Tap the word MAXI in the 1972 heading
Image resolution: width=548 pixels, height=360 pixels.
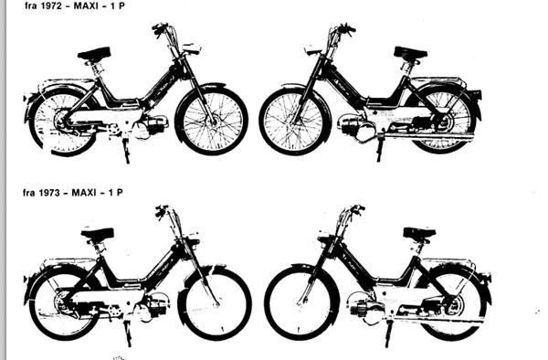tap(86, 5)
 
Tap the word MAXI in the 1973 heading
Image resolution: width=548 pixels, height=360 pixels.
tap(84, 192)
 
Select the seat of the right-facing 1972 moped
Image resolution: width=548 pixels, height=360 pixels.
tap(94, 54)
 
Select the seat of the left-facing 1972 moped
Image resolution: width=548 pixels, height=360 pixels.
tap(410, 53)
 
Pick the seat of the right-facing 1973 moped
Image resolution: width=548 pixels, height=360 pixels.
tap(98, 234)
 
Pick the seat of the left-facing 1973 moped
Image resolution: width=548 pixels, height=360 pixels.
tap(419, 233)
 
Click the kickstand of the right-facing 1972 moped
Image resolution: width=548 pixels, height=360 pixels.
tap(126, 151)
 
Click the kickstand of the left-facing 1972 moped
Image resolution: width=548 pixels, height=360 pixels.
tap(380, 149)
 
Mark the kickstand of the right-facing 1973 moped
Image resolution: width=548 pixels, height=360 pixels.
tap(128, 333)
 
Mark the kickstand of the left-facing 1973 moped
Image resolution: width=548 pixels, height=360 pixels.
tap(388, 333)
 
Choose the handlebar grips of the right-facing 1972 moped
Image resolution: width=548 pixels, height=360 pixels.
tap(159, 29)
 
